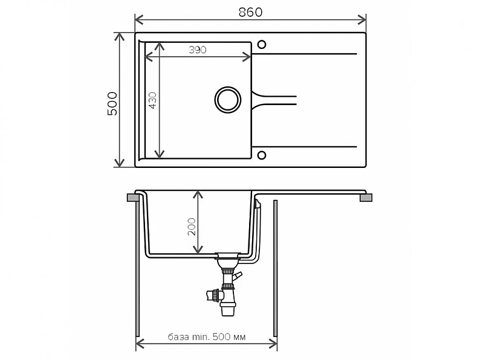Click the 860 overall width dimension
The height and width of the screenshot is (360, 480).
pyautogui.click(x=250, y=12)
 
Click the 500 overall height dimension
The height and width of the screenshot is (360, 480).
pyautogui.click(x=112, y=103)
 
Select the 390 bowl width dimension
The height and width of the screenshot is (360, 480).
pyautogui.click(x=198, y=50)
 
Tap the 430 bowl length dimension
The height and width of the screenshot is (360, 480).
pyautogui.click(x=152, y=100)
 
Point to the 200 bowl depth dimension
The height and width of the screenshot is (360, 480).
pyautogui.click(x=192, y=227)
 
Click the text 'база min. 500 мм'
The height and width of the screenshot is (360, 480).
pyautogui.click(x=207, y=337)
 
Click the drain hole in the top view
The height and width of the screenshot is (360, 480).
pyautogui.click(x=228, y=100)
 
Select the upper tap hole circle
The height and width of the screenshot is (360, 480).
pyautogui.click(x=261, y=45)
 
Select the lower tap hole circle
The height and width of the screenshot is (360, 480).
pyautogui.click(x=261, y=155)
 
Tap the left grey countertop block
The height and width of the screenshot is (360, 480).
pyautogui.click(x=133, y=198)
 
